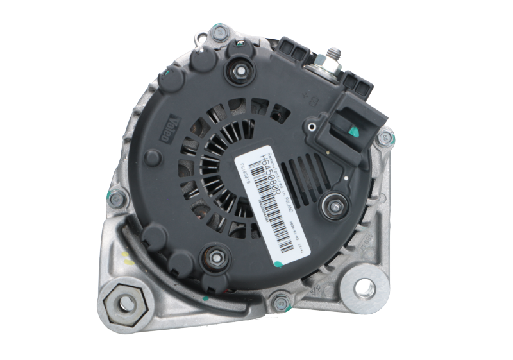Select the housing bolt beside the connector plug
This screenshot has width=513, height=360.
pyautogui.click(x=387, y=137)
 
